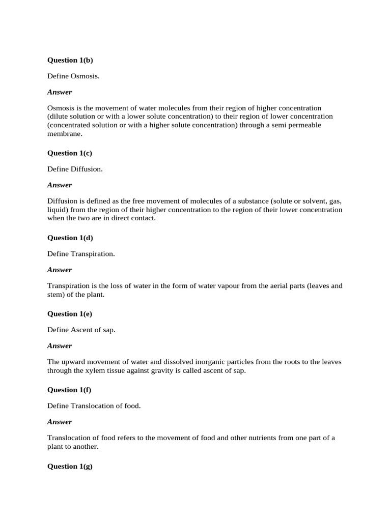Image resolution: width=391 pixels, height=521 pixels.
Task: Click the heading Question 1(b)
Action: [70, 60]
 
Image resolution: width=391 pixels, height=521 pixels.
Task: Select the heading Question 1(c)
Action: [70, 153]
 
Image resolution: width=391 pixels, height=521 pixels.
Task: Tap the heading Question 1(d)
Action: [70, 238]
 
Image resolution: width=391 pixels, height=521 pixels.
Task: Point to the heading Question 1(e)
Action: [70, 314]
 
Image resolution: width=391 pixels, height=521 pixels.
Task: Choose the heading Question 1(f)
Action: [69, 390]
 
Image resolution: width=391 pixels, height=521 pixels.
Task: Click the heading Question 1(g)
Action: [70, 466]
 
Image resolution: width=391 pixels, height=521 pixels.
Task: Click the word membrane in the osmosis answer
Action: [64, 134]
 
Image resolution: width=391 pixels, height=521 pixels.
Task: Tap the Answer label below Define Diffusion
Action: [60, 185]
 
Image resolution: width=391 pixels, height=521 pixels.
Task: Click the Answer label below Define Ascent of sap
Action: [60, 345]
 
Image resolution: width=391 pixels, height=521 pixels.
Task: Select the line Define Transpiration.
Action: [81, 253]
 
